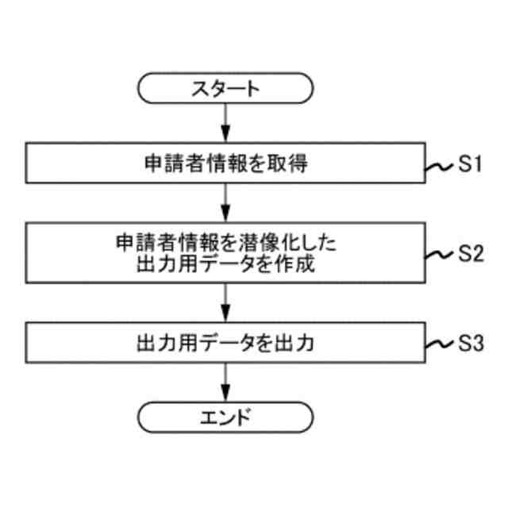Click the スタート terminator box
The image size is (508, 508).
(225, 89)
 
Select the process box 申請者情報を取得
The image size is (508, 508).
(225, 164)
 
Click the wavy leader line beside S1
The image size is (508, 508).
(439, 167)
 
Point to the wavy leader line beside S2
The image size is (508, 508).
(439, 255)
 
